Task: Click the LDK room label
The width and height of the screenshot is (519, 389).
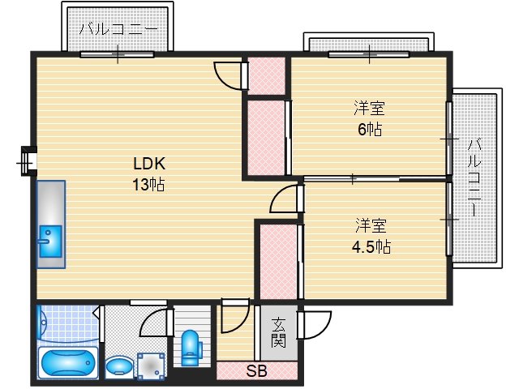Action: tap(149, 164)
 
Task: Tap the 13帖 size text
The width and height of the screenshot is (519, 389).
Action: tap(148, 184)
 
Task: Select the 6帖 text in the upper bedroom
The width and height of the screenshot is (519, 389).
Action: tap(370, 129)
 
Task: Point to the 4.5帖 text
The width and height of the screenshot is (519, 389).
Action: tap(371, 246)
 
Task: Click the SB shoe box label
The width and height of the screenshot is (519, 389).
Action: tap(256, 371)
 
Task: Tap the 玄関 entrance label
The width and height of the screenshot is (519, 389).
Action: tap(278, 333)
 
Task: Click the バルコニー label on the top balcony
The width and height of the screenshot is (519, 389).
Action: tap(118, 29)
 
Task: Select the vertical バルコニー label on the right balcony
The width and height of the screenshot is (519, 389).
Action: tap(474, 178)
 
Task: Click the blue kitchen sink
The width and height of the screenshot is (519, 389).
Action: tap(50, 242)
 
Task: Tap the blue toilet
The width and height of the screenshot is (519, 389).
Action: tap(191, 348)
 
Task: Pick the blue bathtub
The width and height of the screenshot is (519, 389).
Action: tap(68, 363)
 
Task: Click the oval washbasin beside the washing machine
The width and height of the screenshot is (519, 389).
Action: tap(118, 367)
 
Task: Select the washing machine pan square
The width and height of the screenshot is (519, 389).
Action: tap(151, 366)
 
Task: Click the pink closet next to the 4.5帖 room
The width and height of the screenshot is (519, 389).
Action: tap(278, 262)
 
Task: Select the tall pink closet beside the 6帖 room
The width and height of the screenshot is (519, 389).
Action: tap(266, 138)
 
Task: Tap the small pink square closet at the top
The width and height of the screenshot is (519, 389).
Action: tap(267, 75)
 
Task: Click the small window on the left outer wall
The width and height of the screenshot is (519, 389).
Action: tap(28, 161)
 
